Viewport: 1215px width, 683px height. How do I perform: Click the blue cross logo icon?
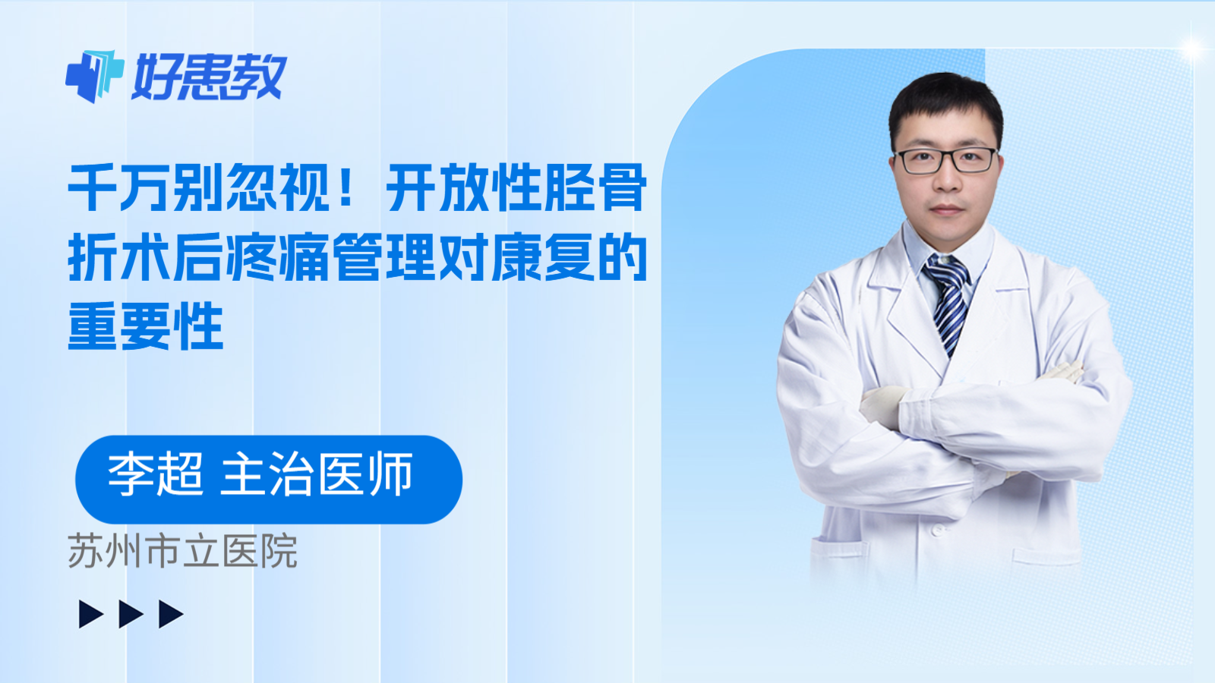[x=94, y=76]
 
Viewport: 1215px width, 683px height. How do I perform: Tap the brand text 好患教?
[x=209, y=77]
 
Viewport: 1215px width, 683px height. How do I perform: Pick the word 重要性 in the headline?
[x=146, y=327]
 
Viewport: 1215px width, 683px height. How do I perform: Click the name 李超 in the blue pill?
[x=156, y=475]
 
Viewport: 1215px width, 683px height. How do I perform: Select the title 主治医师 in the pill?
[x=317, y=475]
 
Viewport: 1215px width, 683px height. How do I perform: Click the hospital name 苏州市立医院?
[x=182, y=552]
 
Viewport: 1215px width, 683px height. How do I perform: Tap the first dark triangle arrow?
[x=90, y=614]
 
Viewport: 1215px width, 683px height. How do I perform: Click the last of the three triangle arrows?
[x=171, y=614]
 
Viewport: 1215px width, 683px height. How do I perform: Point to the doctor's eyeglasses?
[x=946, y=160]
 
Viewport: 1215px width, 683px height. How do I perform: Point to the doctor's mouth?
[x=946, y=209]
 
